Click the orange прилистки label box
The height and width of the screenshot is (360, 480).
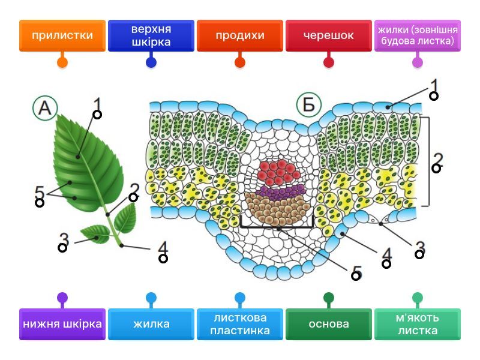pyautogui.click(x=62, y=35)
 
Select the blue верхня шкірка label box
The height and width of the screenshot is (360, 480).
pyautogui.click(x=151, y=35)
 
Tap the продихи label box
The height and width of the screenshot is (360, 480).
pyautogui.click(x=239, y=35)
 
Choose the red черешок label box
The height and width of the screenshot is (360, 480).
pyautogui.click(x=328, y=35)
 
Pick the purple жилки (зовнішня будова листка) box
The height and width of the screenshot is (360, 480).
pyautogui.click(x=417, y=35)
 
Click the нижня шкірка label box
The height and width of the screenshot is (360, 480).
pyautogui.click(x=62, y=324)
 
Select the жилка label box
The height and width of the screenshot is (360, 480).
pyautogui.click(x=151, y=324)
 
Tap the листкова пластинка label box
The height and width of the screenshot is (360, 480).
pyautogui.click(x=239, y=324)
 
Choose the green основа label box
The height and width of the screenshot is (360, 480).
pyautogui.click(x=328, y=324)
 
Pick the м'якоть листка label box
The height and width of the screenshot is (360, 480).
pyautogui.click(x=417, y=324)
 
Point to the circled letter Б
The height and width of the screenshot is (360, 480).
pyautogui.click(x=308, y=105)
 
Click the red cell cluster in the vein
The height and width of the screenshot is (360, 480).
pyautogui.click(x=278, y=173)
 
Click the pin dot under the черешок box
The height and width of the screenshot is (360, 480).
pyautogui.click(x=328, y=62)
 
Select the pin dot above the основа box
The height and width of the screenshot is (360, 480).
pyautogui.click(x=328, y=298)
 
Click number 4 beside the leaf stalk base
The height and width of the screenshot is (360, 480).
pyautogui.click(x=163, y=248)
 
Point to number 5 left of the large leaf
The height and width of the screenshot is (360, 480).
pyautogui.click(x=39, y=193)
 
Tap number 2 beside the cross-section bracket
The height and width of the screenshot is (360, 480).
pyautogui.click(x=438, y=159)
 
